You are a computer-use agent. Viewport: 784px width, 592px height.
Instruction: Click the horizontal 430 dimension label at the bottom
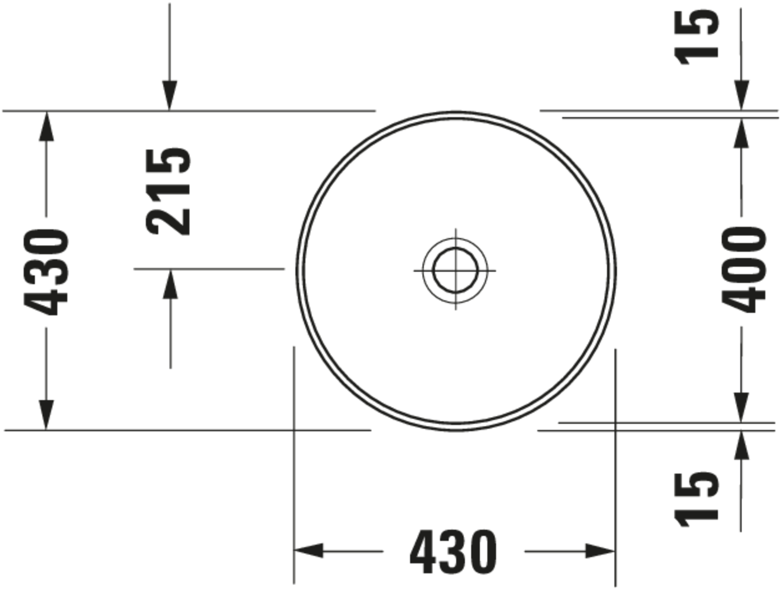(453, 552)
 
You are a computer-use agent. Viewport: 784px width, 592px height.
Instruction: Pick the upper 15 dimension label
(696, 38)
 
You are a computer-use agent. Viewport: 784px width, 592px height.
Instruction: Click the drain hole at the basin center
(456, 270)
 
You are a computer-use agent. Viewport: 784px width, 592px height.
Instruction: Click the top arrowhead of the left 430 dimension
(46, 126)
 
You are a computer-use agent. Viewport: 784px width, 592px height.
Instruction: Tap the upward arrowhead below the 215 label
(170, 285)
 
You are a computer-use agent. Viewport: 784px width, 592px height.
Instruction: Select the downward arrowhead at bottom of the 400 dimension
(741, 407)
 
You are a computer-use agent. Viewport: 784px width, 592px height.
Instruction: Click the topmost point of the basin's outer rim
(456, 112)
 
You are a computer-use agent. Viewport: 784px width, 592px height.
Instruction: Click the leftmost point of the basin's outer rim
(297, 271)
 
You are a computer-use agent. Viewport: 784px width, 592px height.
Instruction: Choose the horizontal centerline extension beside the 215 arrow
(209, 269)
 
